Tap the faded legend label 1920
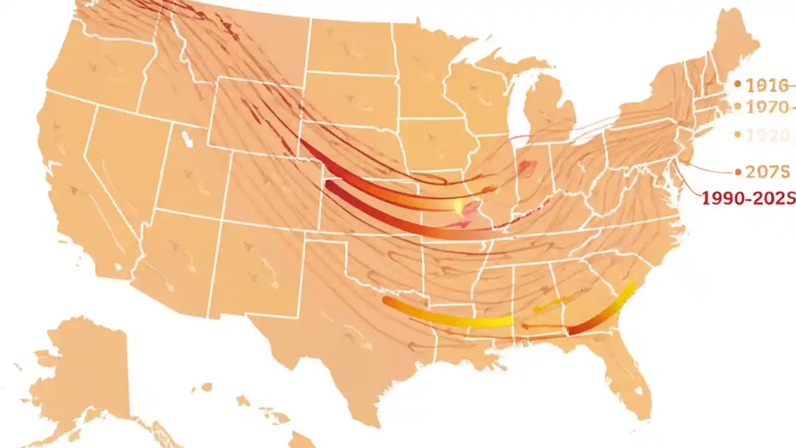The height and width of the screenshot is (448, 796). [x=767, y=134]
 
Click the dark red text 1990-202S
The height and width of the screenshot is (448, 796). [x=748, y=198]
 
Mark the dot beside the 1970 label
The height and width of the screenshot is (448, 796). [x=738, y=106]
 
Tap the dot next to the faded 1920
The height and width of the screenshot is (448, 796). [x=738, y=134]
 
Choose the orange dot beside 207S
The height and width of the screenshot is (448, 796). [x=738, y=171]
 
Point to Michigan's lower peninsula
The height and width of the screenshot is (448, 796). [x=550, y=112]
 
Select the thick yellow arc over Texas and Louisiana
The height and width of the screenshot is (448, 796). [x=448, y=318]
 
